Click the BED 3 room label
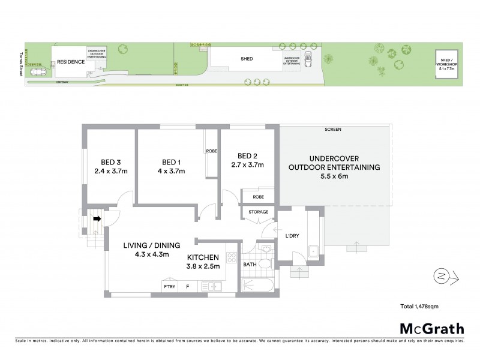[x=110, y=162]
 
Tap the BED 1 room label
[x=171, y=162]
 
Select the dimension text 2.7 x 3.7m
[x=248, y=164]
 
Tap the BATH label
[x=250, y=264]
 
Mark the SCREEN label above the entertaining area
[x=332, y=129]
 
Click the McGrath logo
[x=431, y=328]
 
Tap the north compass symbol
[x=442, y=276]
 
